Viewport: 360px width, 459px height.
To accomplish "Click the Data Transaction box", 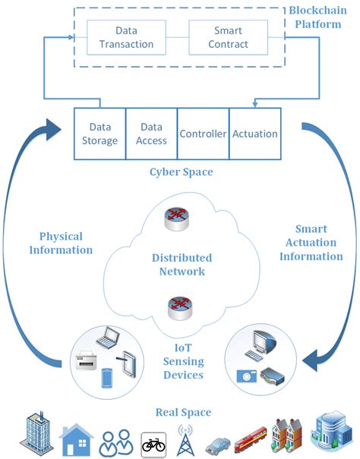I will tap(125, 38).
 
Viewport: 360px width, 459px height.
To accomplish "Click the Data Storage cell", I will tap(99, 134).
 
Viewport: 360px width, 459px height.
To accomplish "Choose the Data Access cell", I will tap(150, 134).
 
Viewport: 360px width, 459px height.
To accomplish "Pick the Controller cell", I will tap(203, 134).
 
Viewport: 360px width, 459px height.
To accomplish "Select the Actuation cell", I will tap(254, 134).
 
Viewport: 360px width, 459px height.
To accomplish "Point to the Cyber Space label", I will tap(181, 172).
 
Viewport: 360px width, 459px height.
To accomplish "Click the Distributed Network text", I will tap(182, 264).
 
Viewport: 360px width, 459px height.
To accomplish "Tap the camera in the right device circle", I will tap(248, 375).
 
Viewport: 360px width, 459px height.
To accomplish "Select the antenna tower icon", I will tap(185, 439).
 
